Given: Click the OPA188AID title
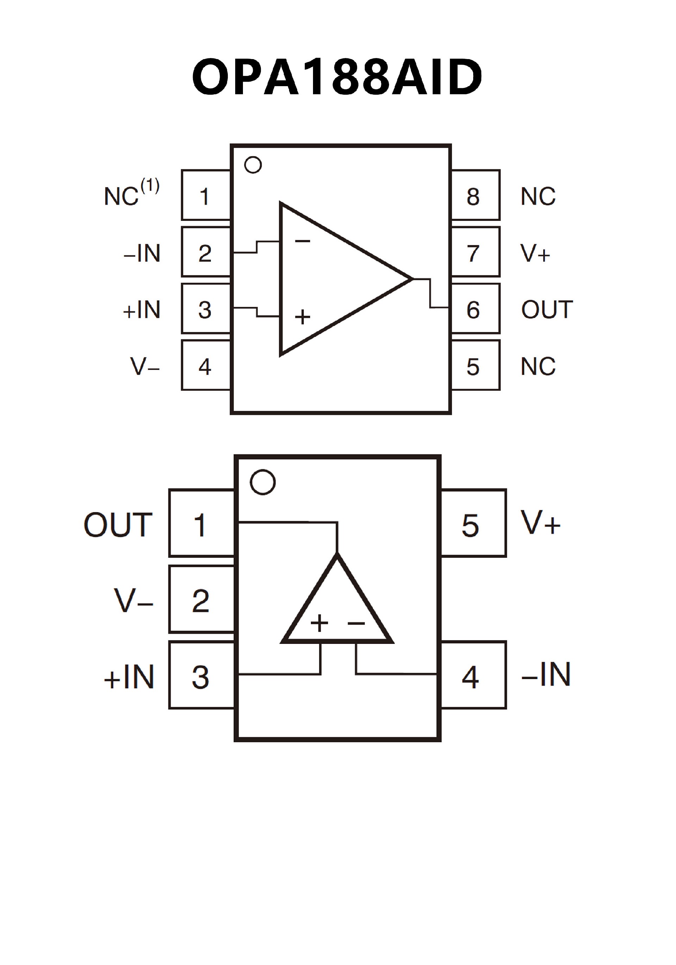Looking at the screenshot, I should [337, 77].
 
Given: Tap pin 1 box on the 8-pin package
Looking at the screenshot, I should [206, 196].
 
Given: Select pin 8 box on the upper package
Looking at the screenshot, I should [475, 196].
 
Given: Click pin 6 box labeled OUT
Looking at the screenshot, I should [475, 309].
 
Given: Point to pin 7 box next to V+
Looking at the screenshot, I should [475, 252].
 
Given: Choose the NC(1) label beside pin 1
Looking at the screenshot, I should [131, 194].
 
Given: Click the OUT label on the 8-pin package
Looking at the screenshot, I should [547, 310].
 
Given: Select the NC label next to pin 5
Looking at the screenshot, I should [538, 366].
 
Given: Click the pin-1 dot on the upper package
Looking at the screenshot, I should [253, 165].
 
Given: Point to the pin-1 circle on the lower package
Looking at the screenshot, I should [263, 482].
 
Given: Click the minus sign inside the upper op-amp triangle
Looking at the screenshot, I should [302, 241].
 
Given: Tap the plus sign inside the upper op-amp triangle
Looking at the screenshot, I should [302, 317].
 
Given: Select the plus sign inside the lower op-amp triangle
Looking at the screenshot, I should [319, 622].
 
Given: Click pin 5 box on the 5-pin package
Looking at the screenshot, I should [473, 524].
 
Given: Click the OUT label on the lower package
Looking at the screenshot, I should [118, 525].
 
